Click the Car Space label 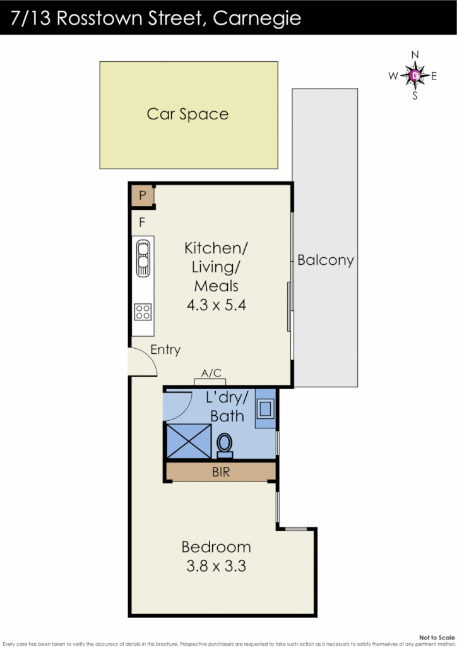click(x=187, y=114)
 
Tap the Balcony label click(x=325, y=260)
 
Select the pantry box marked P click(x=143, y=196)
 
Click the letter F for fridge click(x=142, y=222)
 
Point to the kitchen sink click(x=143, y=257)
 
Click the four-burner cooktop click(x=143, y=311)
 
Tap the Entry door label click(x=165, y=349)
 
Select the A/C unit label click(x=211, y=373)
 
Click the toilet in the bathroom click(x=224, y=444)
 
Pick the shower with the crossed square click(x=188, y=440)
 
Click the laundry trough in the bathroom click(x=265, y=409)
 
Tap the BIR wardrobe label click(x=221, y=471)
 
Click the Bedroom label click(x=216, y=547)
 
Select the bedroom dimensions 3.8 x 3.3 click(x=216, y=565)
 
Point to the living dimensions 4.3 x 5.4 click(x=216, y=305)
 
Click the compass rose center click(x=415, y=76)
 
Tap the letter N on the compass click(x=415, y=56)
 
